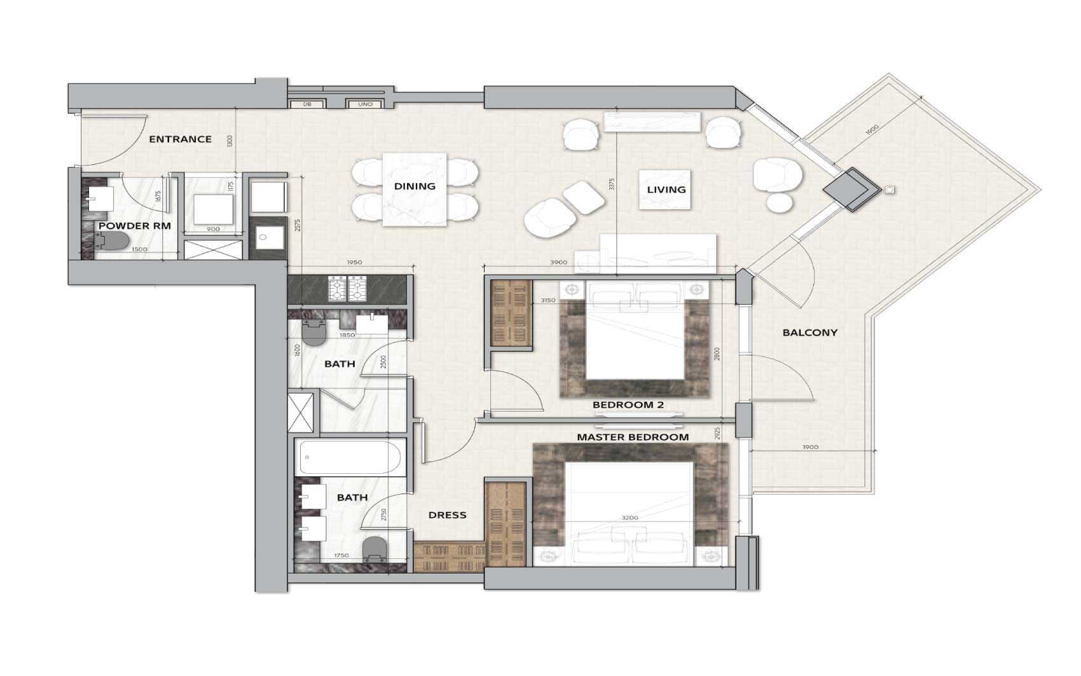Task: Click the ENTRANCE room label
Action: pyautogui.click(x=180, y=139)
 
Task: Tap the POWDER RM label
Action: pyautogui.click(x=134, y=226)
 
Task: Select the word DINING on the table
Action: pyautogui.click(x=415, y=186)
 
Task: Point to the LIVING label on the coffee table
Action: pyautogui.click(x=666, y=190)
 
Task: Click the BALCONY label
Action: pyautogui.click(x=809, y=333)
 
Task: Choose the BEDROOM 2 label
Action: pyautogui.click(x=623, y=405)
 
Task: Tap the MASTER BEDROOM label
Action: pyautogui.click(x=632, y=438)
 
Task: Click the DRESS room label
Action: pyautogui.click(x=447, y=515)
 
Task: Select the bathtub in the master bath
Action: pyautogui.click(x=350, y=457)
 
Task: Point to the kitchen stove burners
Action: pyautogui.click(x=347, y=288)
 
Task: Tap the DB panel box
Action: pyautogui.click(x=307, y=104)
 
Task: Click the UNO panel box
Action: pyautogui.click(x=365, y=104)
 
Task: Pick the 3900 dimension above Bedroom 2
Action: pyautogui.click(x=558, y=263)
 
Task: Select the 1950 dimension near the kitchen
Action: pyautogui.click(x=354, y=263)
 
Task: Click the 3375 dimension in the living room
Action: pyautogui.click(x=612, y=184)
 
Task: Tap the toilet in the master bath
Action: pyautogui.click(x=374, y=549)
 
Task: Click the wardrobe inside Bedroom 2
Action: pyautogui.click(x=511, y=314)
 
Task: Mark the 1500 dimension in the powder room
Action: pyautogui.click(x=139, y=250)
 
